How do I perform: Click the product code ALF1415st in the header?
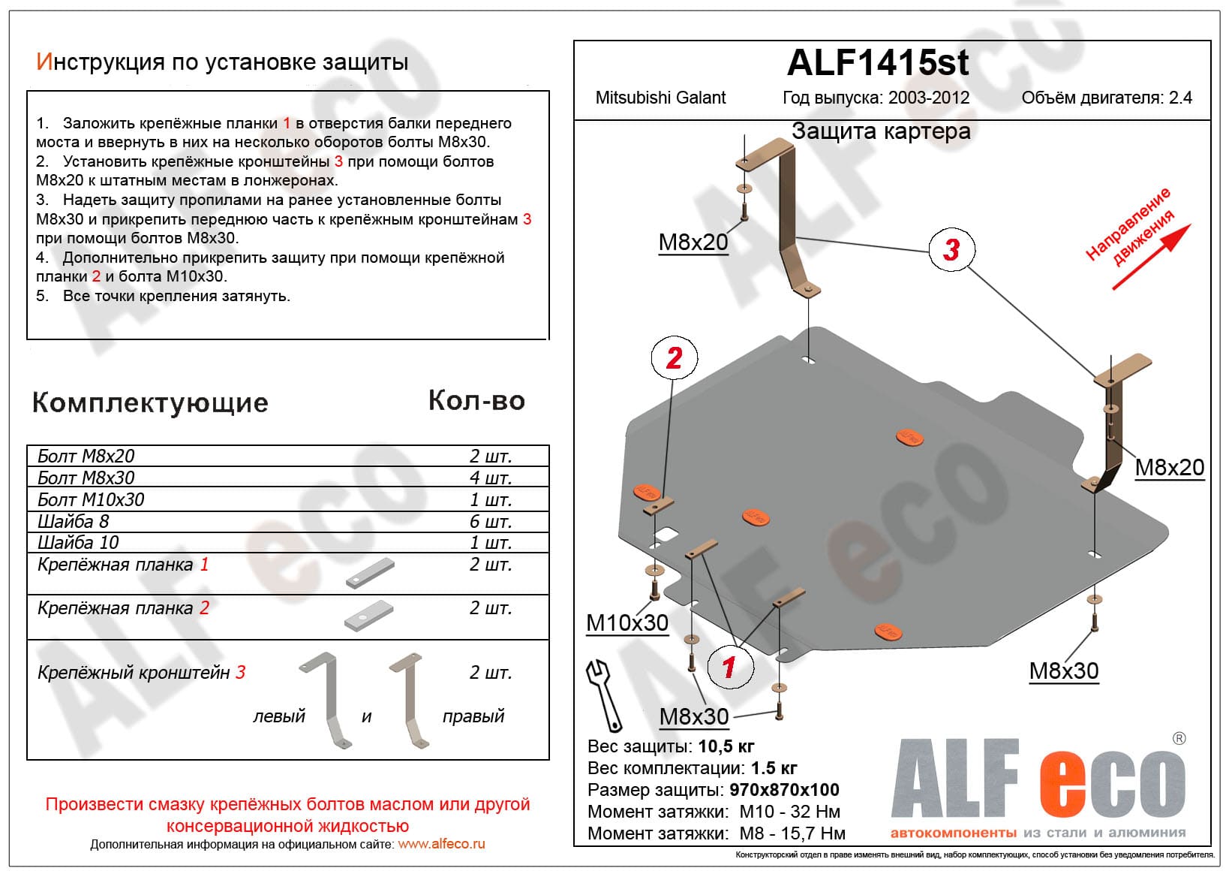tap(878, 63)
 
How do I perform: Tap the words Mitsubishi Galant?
tap(660, 98)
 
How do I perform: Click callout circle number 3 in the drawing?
tap(951, 249)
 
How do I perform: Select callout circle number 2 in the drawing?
tap(674, 357)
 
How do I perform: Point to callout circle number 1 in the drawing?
tap(729, 666)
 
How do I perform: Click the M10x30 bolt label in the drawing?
tap(627, 623)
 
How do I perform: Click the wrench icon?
tap(604, 695)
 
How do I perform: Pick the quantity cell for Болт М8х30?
tap(490, 478)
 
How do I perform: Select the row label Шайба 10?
tap(78, 542)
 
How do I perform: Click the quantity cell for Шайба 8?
tap(490, 521)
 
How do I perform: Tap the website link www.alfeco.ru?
tap(441, 844)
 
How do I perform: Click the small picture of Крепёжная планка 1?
tap(370, 573)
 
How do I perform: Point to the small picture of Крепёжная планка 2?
tap(368, 616)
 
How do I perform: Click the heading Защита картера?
tap(881, 131)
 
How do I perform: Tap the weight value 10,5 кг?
tap(726, 746)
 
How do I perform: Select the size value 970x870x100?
tap(784, 790)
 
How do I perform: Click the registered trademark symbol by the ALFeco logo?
tap(1179, 738)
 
